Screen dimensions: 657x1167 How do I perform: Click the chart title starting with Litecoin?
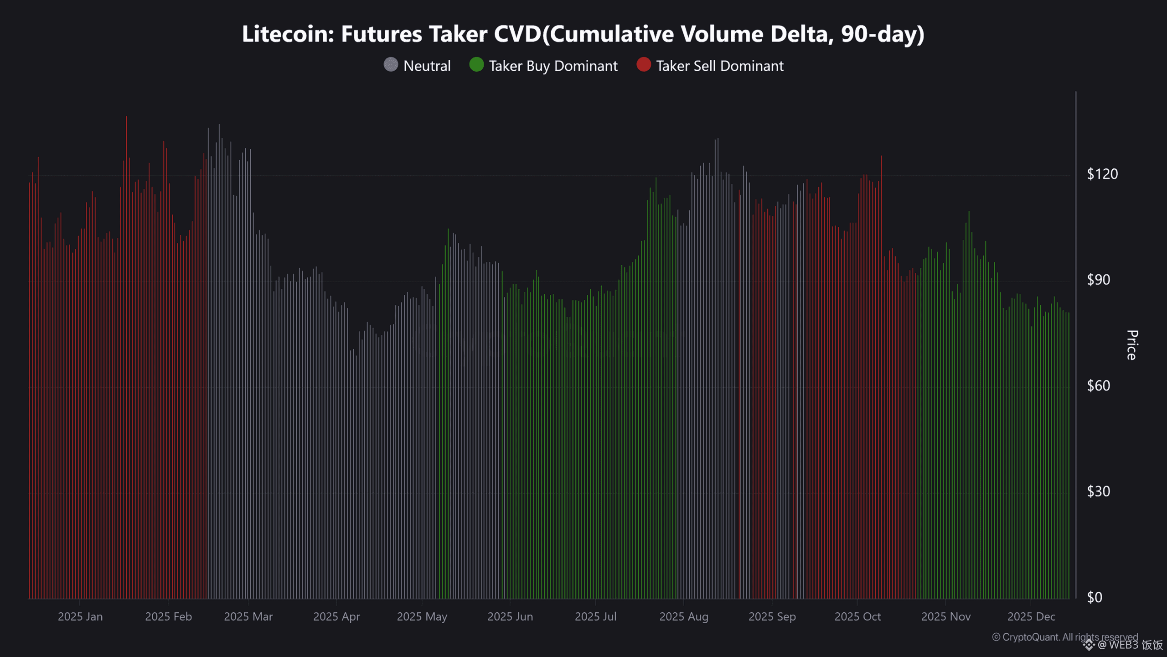583,34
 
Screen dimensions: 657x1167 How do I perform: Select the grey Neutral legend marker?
391,65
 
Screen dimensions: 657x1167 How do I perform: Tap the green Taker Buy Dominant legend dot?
476,65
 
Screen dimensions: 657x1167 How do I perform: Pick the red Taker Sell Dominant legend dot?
644,65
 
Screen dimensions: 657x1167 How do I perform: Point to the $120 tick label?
1102,174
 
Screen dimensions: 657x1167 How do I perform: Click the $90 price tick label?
1098,280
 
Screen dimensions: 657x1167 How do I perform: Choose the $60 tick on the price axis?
1098,386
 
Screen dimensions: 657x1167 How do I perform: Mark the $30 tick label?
1098,491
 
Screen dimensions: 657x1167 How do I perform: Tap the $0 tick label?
1095,597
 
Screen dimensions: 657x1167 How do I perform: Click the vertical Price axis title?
1132,345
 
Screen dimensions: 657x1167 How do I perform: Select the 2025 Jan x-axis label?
80,617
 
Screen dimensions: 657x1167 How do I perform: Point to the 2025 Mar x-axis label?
248,617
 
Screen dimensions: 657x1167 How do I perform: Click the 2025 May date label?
422,617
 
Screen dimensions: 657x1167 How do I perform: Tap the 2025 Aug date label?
684,617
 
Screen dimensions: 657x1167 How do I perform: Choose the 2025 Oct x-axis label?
857,617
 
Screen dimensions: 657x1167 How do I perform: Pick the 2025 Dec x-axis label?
1031,617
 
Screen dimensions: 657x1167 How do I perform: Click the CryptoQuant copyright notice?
1065,637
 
